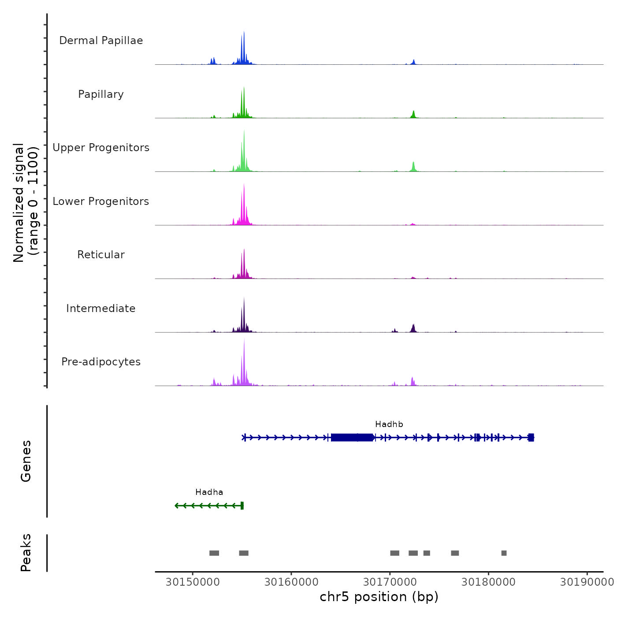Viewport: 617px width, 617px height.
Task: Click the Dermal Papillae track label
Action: [x=101, y=41]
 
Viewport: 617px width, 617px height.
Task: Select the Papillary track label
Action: [x=101, y=94]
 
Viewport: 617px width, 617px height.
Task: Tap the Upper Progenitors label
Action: [x=101, y=148]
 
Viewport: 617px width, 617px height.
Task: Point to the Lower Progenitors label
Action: [x=101, y=201]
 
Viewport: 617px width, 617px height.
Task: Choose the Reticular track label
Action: [x=101, y=255]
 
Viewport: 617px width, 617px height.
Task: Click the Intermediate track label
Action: [x=101, y=308]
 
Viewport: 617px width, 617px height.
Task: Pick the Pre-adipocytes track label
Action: [x=101, y=362]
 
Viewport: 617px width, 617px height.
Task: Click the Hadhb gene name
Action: [x=389, y=424]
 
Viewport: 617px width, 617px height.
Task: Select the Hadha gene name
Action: [x=209, y=492]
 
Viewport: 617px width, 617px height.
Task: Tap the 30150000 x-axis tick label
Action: [x=193, y=582]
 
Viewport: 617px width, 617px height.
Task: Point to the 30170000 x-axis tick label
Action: [x=390, y=582]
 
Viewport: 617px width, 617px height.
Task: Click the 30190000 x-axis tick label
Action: [x=587, y=582]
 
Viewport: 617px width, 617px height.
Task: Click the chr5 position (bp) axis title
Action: [x=379, y=597]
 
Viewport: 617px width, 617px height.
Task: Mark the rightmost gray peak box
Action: [x=504, y=553]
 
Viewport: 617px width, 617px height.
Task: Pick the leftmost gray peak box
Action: [x=214, y=553]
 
